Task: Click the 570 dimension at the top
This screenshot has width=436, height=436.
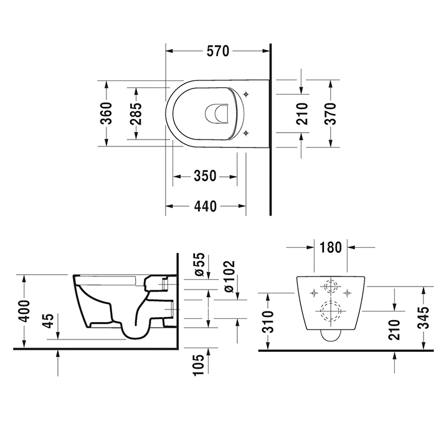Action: (x=218, y=51)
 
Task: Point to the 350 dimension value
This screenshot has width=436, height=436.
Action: (x=204, y=176)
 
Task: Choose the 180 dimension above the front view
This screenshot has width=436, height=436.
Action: (x=330, y=247)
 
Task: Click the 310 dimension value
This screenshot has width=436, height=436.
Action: (x=268, y=320)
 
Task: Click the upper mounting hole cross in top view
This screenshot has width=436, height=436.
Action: (x=248, y=95)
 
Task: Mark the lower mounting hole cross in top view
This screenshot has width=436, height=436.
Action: (x=248, y=132)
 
